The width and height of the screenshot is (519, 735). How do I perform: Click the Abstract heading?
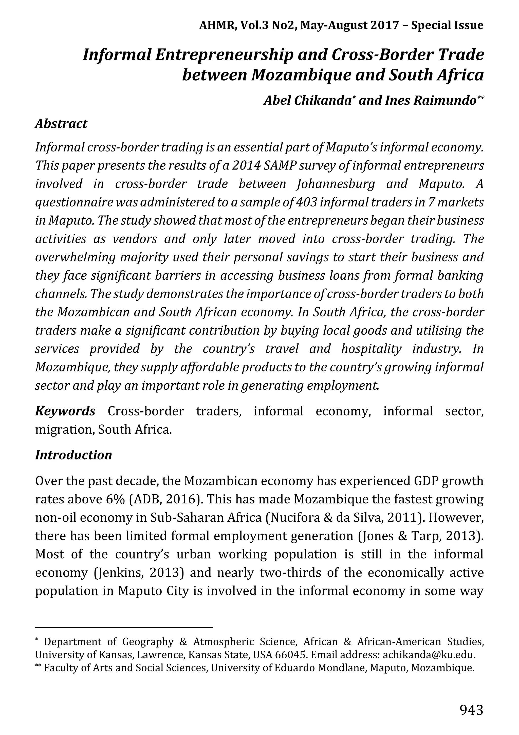pyautogui.click(x=61, y=124)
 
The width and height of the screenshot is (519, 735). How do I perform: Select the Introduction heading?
pyautogui.click(x=73, y=455)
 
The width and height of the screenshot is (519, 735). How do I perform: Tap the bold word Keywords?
pyautogui.click(x=65, y=411)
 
